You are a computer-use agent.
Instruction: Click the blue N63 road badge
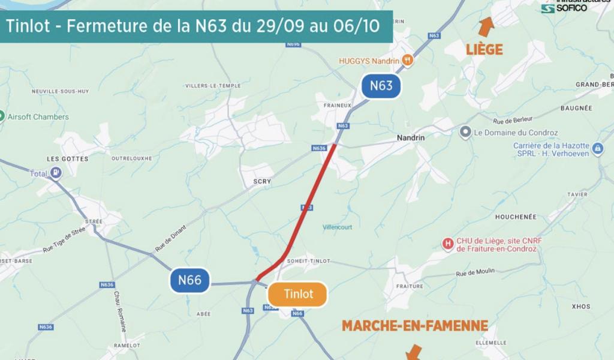pos(381,86)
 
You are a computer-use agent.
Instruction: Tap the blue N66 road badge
pos(189,280)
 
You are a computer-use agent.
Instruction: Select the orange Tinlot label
pos(298,294)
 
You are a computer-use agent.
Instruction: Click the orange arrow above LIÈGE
pos(486,26)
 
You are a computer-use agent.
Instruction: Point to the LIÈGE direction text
pos(484,50)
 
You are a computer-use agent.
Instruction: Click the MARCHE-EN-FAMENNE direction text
pos(414,326)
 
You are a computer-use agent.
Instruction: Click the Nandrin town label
pos(411,137)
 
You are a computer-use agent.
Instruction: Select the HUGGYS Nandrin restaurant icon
pos(408,60)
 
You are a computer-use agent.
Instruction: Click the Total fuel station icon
pos(56,173)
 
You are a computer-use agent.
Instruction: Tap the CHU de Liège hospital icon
pos(447,244)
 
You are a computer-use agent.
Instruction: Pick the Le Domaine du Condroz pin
pos(465,132)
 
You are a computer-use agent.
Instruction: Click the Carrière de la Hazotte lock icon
pos(597,149)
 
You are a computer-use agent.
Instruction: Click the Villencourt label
pos(338,227)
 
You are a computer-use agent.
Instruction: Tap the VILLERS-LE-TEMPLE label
pos(213,86)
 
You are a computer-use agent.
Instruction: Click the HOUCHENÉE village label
pos(516,217)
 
